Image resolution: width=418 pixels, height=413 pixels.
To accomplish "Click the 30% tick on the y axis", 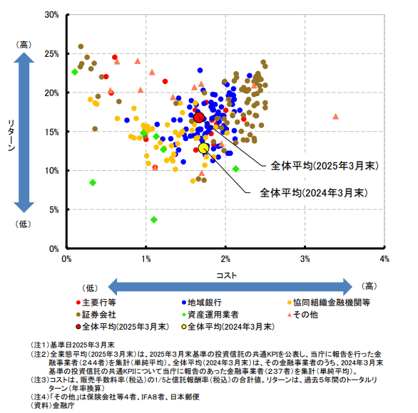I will click(x=51, y=14).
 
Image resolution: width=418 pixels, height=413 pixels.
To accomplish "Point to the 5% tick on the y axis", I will click(x=53, y=209).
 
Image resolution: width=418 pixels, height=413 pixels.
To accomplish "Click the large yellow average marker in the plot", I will click(x=204, y=148).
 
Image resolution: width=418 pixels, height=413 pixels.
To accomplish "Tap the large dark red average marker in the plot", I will click(x=199, y=117).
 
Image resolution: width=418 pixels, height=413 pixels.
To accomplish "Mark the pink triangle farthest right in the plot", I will click(x=336, y=116).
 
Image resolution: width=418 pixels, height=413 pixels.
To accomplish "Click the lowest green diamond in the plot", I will click(x=154, y=219).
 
